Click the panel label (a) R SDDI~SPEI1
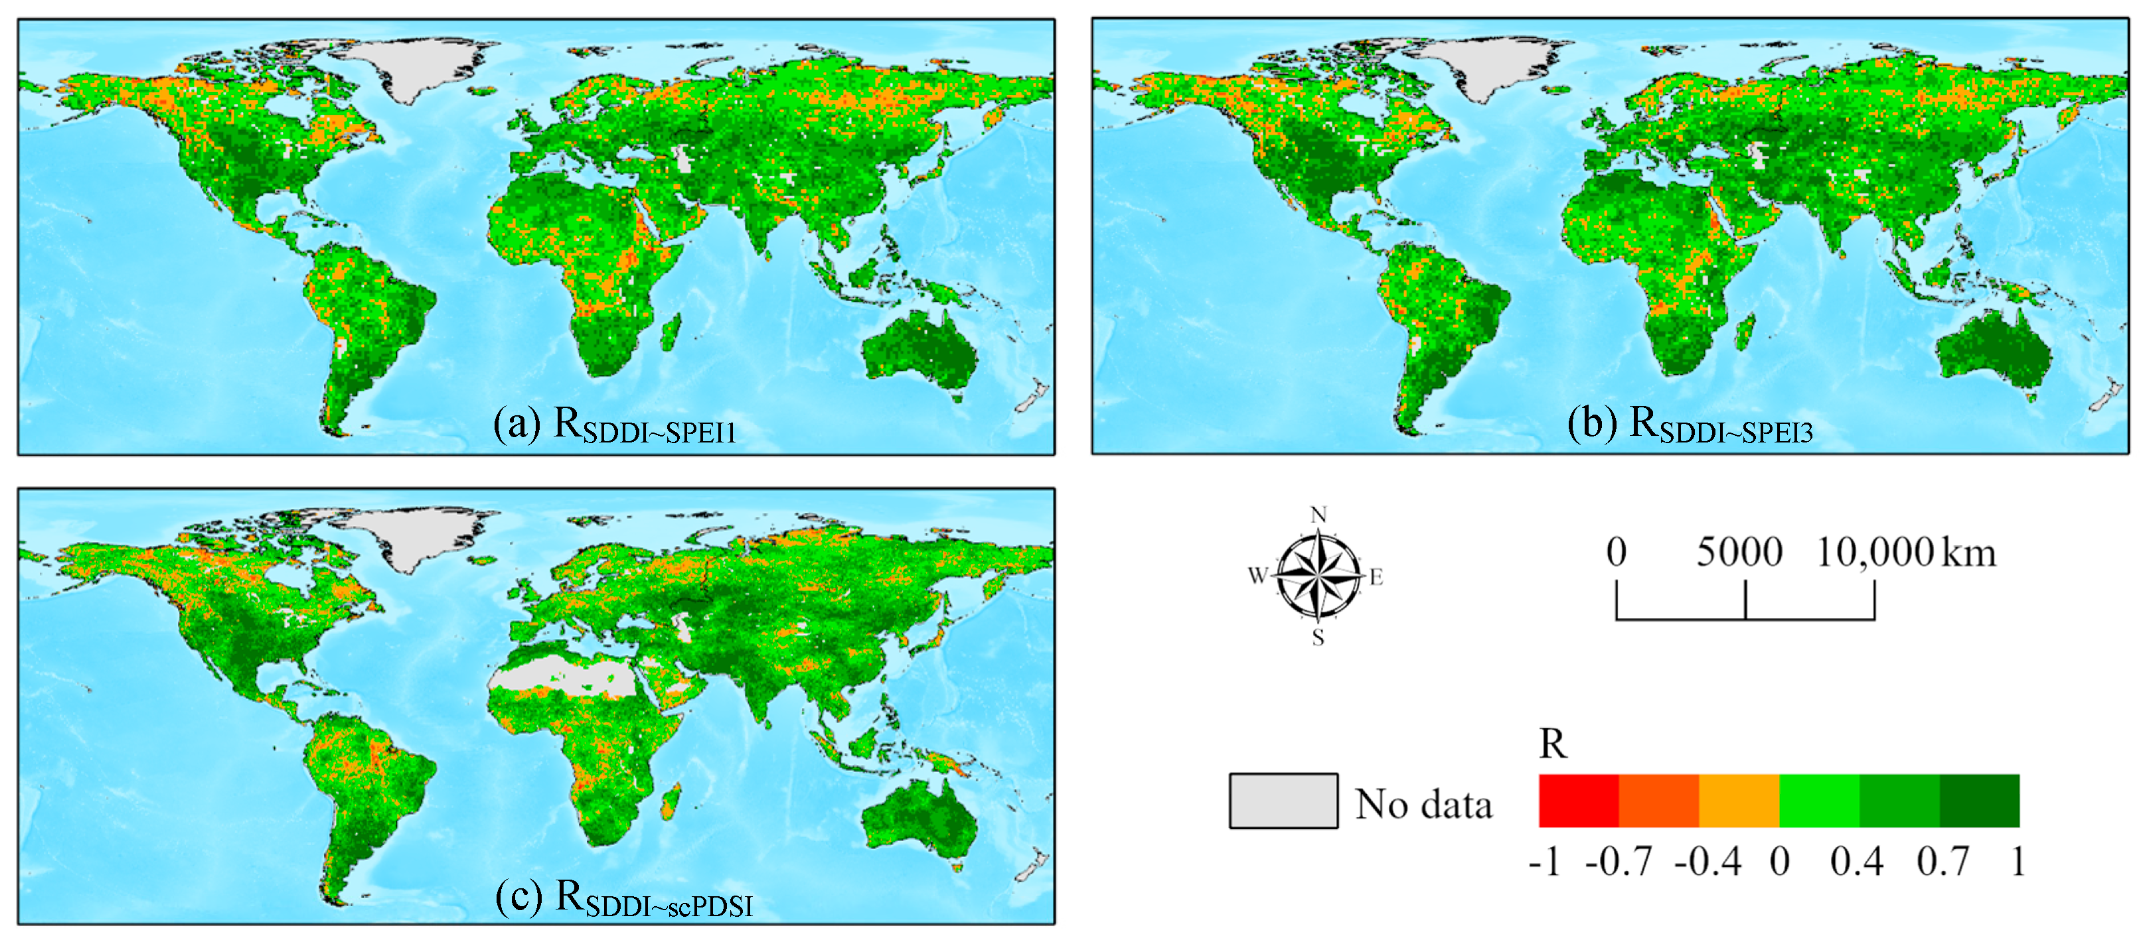pyautogui.click(x=615, y=426)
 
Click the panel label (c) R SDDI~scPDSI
pyautogui.click(x=624, y=899)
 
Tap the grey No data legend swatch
pyautogui.click(x=1283, y=801)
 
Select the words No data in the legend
pyautogui.click(x=1423, y=804)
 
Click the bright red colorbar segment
pyautogui.click(x=1578, y=801)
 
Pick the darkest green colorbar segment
pyautogui.click(x=1979, y=801)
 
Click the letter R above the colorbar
pyautogui.click(x=1552, y=743)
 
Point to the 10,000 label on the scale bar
pyautogui.click(x=1873, y=552)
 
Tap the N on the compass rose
pyautogui.click(x=1318, y=515)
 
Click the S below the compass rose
pyautogui.click(x=1318, y=638)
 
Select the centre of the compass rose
pyautogui.click(x=1318, y=575)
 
